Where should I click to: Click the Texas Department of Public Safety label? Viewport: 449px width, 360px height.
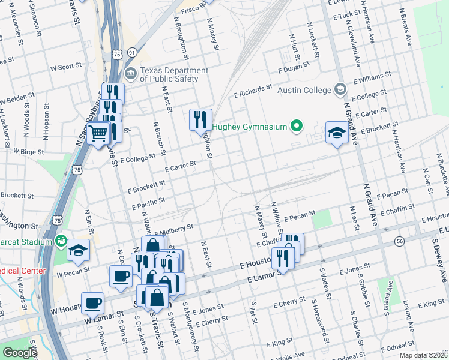tap(174, 74)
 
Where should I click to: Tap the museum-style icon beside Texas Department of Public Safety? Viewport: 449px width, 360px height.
tap(130, 74)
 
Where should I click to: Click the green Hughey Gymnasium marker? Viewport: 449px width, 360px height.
tap(295, 126)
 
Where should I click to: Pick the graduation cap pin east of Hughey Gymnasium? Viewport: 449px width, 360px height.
tap(337, 133)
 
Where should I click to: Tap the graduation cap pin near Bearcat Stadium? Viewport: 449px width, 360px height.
tap(78, 250)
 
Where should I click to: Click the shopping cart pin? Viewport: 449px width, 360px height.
tap(98, 134)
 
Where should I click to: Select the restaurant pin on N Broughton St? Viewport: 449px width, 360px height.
tap(201, 119)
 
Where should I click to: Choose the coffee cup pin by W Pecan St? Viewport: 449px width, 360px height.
tap(121, 276)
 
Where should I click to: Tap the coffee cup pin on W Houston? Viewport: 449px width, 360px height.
tap(92, 303)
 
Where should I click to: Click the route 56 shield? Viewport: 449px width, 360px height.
tap(399, 241)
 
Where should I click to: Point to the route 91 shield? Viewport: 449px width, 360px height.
tap(131, 53)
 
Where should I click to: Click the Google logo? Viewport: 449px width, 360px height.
tap(20, 353)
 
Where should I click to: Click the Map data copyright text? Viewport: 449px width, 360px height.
tap(423, 355)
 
